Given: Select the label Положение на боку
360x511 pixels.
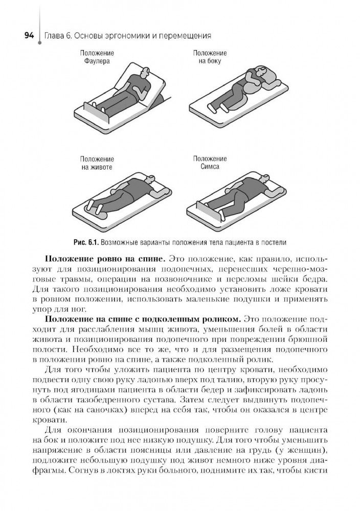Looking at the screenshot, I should click(x=210, y=57).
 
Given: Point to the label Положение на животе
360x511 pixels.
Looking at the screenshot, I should click(x=97, y=163).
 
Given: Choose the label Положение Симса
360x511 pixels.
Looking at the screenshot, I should click(x=210, y=163).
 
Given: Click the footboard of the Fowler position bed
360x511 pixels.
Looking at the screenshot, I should click(x=97, y=113).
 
